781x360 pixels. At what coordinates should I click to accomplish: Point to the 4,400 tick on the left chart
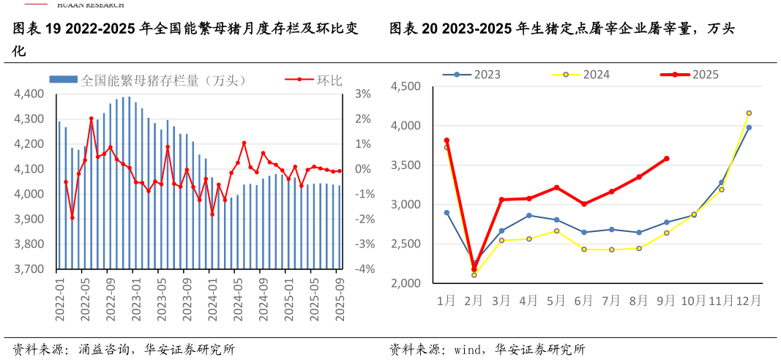tap(29, 94)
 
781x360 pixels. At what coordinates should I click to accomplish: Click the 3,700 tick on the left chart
tap(29, 269)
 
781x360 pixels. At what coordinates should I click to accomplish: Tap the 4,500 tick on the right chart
tap(406, 86)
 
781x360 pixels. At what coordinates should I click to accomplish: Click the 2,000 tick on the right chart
tap(406, 283)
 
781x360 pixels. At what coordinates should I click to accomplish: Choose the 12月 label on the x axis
tap(749, 300)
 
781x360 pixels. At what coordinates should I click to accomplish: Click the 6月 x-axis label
tap(584, 300)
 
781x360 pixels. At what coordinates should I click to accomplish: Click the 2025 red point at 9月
tap(666, 158)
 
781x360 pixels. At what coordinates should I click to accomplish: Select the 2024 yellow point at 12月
tap(749, 113)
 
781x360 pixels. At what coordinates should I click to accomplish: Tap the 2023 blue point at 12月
tap(749, 127)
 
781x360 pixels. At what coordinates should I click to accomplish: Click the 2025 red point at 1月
tap(446, 140)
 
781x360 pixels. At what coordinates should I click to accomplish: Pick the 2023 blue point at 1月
tap(446, 213)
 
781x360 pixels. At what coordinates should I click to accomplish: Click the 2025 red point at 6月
tap(584, 204)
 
